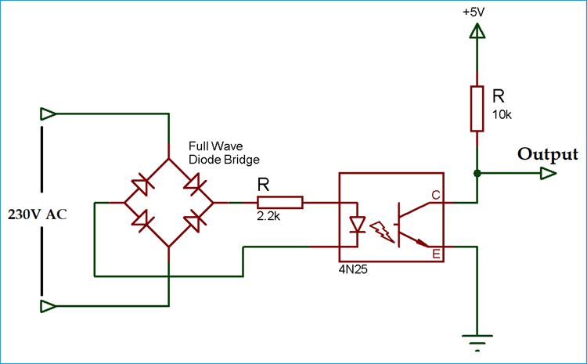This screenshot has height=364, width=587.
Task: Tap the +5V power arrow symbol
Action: (476, 31)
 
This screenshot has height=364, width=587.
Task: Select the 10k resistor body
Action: (476, 109)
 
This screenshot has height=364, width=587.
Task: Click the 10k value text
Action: (501, 114)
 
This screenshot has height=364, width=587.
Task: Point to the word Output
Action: (548, 153)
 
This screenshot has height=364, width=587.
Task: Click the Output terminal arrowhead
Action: (551, 173)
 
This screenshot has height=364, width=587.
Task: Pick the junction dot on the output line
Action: (476, 173)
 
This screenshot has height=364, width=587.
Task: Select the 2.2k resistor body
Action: (280, 203)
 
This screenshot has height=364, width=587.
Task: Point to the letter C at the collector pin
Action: (435, 195)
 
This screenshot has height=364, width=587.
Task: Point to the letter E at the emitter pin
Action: (435, 253)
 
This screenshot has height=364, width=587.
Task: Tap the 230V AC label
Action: (36, 214)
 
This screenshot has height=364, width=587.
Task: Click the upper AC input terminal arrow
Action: (48, 114)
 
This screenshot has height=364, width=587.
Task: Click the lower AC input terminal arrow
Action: (48, 305)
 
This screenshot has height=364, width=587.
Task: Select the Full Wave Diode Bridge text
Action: (224, 153)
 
